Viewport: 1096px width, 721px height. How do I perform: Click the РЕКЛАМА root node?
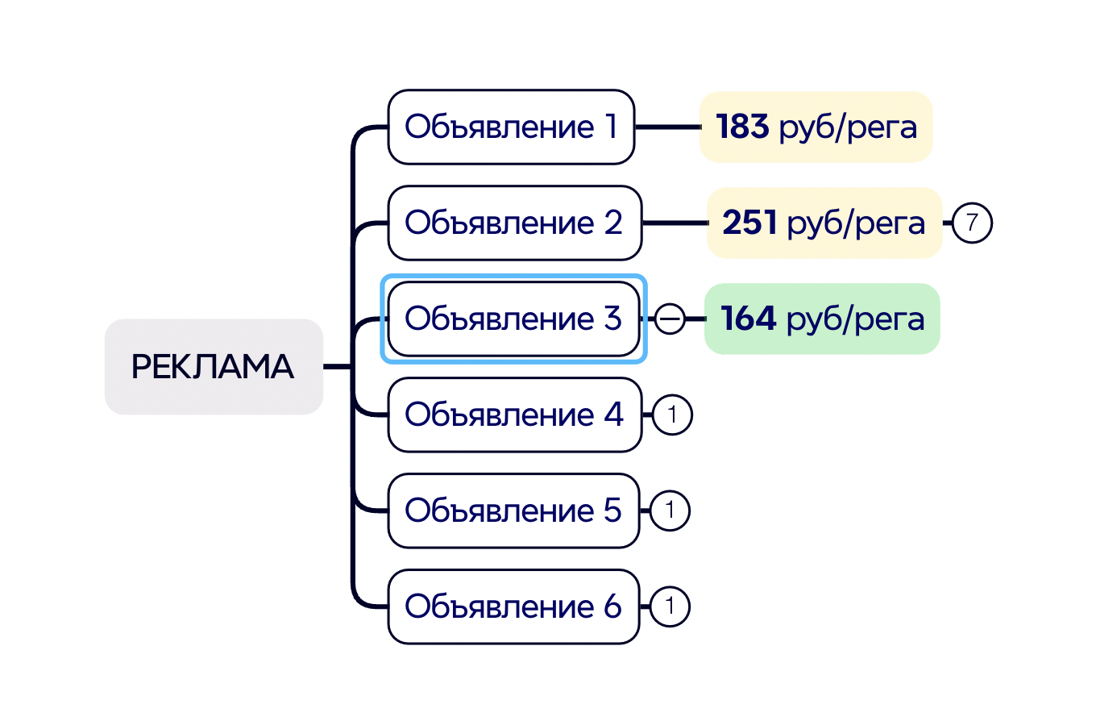pyautogui.click(x=214, y=367)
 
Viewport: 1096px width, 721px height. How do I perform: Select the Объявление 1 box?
pyautogui.click(x=511, y=127)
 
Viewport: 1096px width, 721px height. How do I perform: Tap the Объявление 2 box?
pyautogui.click(x=514, y=223)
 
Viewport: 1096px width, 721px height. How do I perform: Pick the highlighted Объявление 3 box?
pyautogui.click(x=513, y=319)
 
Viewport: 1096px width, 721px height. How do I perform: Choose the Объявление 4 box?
pyautogui.click(x=514, y=415)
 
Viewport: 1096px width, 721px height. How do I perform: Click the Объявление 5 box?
pyautogui.click(x=513, y=511)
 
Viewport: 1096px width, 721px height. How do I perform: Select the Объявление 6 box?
pyautogui.click(x=513, y=606)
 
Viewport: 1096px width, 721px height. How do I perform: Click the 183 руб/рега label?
pyautogui.click(x=816, y=127)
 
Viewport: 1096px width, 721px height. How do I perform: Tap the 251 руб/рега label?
pyautogui.click(x=824, y=223)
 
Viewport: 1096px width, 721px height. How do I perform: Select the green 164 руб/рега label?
pyautogui.click(x=822, y=319)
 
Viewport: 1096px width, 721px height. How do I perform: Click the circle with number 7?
pyautogui.click(x=972, y=223)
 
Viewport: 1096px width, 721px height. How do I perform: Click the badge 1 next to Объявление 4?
pyautogui.click(x=671, y=415)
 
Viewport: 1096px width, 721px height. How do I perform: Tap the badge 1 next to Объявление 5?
pyautogui.click(x=670, y=511)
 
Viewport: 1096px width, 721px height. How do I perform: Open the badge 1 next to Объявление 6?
pyautogui.click(x=670, y=607)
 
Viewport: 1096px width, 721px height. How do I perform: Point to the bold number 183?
pyautogui.click(x=742, y=127)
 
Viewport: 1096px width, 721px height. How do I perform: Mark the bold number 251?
pyautogui.click(x=749, y=223)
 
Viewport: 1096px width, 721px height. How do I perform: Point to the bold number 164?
pyautogui.click(x=748, y=319)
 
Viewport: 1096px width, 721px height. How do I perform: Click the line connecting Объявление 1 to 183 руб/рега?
pyautogui.click(x=667, y=127)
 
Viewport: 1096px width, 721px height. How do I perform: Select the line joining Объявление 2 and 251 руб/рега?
pyautogui.click(x=674, y=223)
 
